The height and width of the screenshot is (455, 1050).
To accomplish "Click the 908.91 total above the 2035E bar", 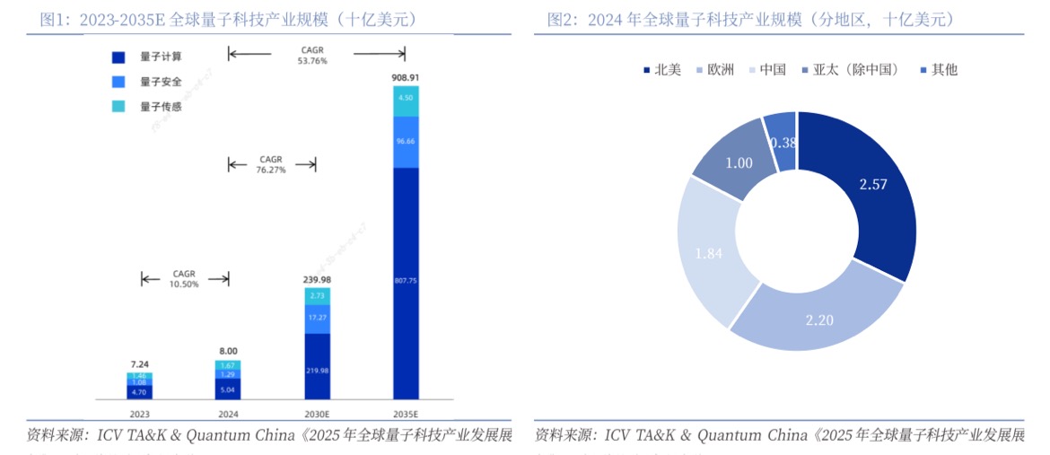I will (x=406, y=78).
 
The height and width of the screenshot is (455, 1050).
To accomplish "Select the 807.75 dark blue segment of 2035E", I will (x=406, y=280).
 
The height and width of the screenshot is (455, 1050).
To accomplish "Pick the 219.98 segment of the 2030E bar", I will (x=318, y=368).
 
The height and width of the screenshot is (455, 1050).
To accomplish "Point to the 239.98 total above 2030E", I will (x=318, y=279).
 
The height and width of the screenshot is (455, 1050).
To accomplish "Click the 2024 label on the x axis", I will (x=228, y=415).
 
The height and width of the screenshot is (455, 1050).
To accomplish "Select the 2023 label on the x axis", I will (x=139, y=415).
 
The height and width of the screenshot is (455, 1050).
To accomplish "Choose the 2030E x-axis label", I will (x=318, y=415).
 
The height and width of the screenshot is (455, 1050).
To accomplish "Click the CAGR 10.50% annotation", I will (x=184, y=279).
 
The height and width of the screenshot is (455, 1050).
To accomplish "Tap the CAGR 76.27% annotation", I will (x=271, y=164).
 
